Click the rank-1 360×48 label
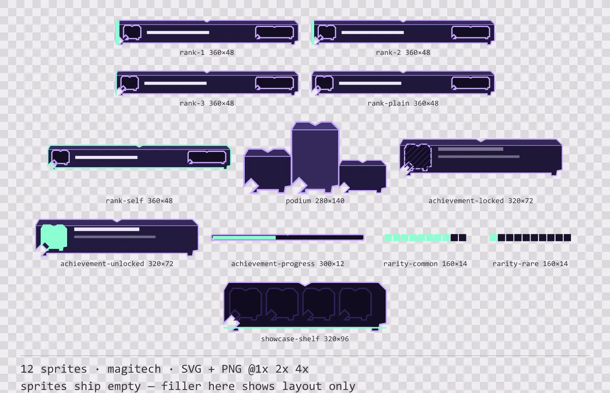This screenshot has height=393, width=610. click(207, 53)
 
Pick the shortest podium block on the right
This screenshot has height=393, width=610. click(363, 176)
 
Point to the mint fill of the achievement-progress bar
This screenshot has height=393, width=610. click(244, 238)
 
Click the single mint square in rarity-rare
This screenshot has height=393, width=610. click(493, 238)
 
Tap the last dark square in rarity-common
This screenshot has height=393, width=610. click(462, 238)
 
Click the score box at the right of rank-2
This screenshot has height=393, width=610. click(470, 33)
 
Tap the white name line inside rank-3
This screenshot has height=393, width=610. click(175, 83)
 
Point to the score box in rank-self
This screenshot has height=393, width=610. click(207, 157)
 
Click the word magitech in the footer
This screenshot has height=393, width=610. click(134, 369)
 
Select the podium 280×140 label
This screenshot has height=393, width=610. click(315, 201)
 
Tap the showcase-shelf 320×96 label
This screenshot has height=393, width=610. click(305, 339)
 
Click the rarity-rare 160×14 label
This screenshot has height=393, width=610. click(530, 264)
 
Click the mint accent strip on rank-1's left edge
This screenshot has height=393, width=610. click(117, 32)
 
